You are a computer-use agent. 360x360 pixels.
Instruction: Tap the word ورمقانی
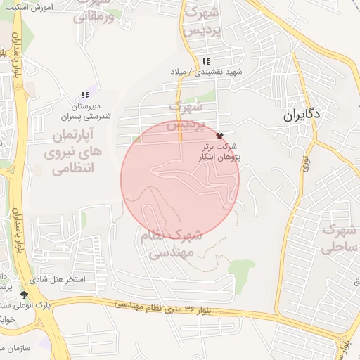[x=94, y=15]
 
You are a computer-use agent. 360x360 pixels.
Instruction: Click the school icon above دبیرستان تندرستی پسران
[x=85, y=95]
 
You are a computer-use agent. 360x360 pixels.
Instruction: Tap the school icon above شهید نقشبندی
[x=205, y=61]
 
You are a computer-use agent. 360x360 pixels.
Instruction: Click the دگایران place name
[x=303, y=114]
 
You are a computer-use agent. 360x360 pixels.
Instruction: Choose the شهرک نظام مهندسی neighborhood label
[x=171, y=245]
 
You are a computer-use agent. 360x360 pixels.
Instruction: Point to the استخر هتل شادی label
[x=61, y=279]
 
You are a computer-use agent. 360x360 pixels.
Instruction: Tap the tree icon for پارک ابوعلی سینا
[x=25, y=295]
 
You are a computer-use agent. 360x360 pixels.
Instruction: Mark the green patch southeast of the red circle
[x=240, y=276]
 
